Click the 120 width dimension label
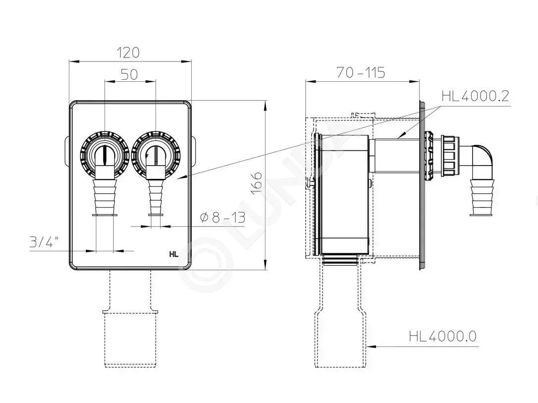[128, 53]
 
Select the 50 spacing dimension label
[129, 74]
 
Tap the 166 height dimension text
[256, 182]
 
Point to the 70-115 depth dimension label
[361, 72]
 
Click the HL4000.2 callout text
[475, 96]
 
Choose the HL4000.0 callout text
[443, 336]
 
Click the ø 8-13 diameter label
[222, 217]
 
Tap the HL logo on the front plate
[173, 254]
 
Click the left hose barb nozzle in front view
[105, 197]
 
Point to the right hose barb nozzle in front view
[155, 197]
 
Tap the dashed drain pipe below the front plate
[130, 319]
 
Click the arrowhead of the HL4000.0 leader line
[370, 346]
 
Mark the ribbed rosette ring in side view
[429, 155]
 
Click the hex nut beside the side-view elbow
[449, 155]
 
